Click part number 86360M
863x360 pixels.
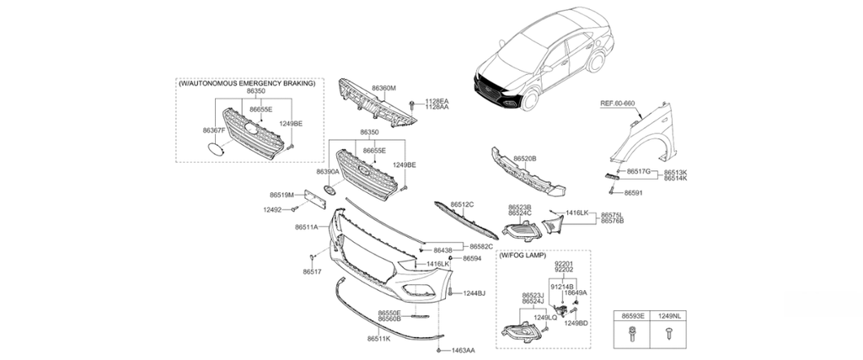[x=383, y=88]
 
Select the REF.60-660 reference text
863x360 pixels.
[x=618, y=103]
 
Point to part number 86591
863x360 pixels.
[x=634, y=192]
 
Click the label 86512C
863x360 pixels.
[x=462, y=204]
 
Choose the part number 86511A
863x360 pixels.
[x=307, y=228]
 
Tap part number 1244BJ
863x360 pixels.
[x=474, y=293]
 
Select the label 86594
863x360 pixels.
[x=471, y=259]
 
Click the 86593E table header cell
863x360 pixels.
[x=633, y=315]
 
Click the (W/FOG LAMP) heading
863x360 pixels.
[x=522, y=255]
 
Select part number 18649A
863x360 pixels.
[x=576, y=293]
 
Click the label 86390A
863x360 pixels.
[x=328, y=171]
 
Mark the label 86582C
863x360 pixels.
[x=481, y=247]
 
